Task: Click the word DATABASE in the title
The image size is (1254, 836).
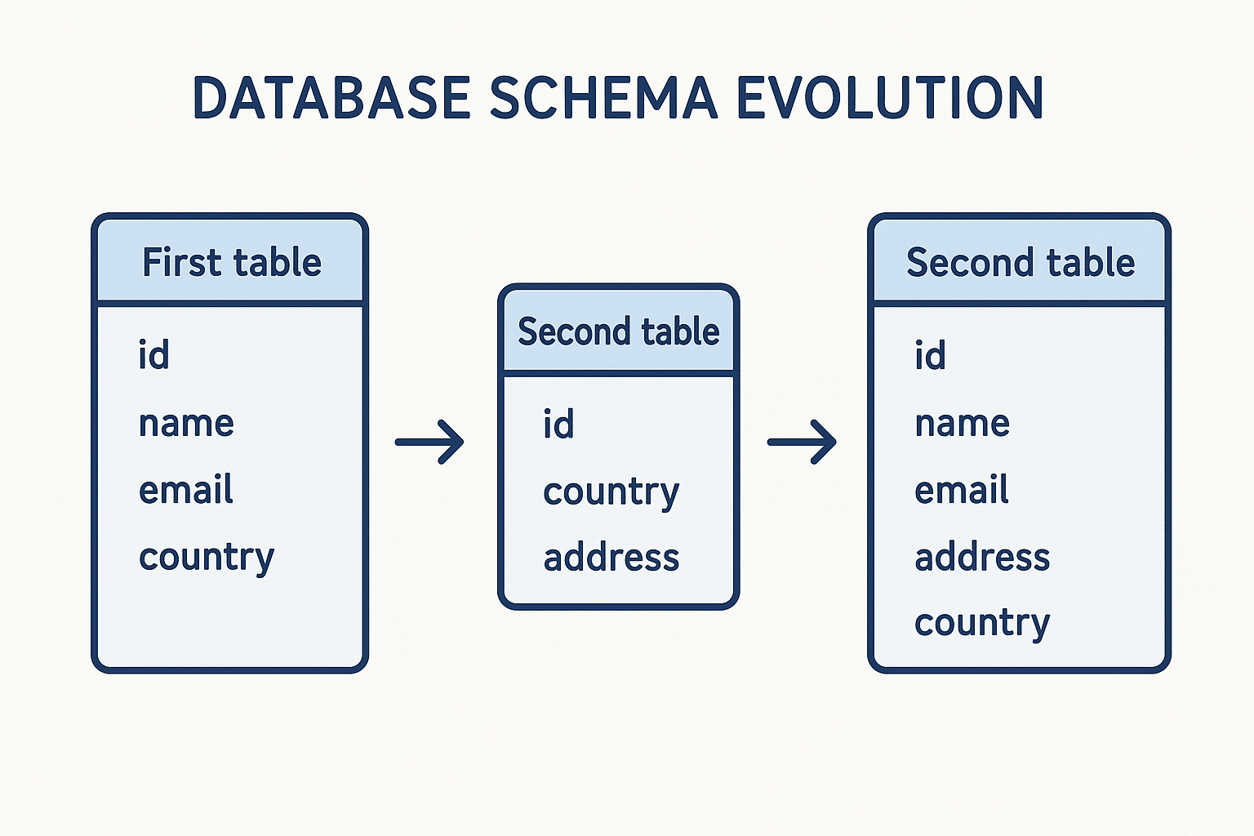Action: point(331,98)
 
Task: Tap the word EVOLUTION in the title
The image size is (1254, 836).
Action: point(890,98)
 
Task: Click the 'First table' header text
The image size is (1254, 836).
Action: point(232,263)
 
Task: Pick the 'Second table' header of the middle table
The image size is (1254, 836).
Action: point(618,332)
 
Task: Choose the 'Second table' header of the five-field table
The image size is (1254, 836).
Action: point(1020,263)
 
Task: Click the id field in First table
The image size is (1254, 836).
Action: point(153,355)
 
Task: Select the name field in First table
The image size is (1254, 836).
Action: point(186,423)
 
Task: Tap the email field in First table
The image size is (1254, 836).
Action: point(185,490)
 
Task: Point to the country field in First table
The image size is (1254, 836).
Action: point(207,558)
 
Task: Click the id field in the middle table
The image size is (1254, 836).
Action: point(558,425)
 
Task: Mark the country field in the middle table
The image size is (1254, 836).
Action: point(611,492)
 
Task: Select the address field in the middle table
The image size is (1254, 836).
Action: point(611,558)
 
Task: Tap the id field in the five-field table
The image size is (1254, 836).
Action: point(930,355)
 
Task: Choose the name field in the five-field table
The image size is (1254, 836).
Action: point(962,423)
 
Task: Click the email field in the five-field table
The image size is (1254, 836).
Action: point(961,490)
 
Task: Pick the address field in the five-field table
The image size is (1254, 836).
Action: point(982,558)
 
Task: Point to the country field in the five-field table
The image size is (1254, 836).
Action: point(982,624)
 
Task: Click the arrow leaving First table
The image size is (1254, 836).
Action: point(429,442)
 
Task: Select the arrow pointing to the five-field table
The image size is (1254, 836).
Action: point(802,442)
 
